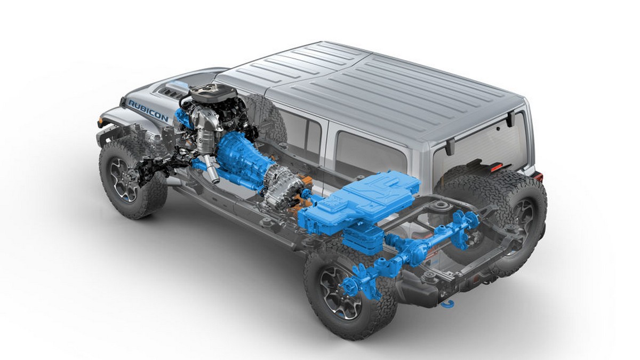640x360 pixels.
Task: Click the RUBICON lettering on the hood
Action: [x=148, y=110]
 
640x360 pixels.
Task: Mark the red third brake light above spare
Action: [x=497, y=167]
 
